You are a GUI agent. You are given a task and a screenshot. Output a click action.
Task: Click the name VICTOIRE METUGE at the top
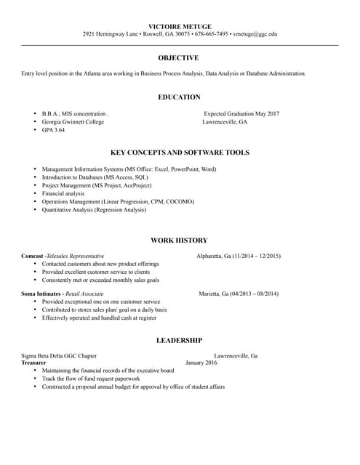coord(179,26)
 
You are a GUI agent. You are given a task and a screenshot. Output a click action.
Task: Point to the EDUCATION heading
coord(179,97)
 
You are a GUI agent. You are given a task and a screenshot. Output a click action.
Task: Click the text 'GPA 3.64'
coord(53,130)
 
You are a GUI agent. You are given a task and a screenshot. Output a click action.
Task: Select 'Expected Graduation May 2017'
coord(241,114)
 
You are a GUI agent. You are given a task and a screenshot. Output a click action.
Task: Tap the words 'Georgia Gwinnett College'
coord(73,122)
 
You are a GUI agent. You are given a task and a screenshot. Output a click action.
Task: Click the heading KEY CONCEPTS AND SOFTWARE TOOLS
coord(180,153)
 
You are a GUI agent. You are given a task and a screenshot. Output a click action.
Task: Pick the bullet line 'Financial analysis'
coord(63,194)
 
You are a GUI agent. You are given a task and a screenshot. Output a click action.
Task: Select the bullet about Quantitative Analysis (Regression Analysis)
coord(94,210)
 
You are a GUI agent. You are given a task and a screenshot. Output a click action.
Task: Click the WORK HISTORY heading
coord(179,240)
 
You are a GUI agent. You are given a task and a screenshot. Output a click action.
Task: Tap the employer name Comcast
coord(32,256)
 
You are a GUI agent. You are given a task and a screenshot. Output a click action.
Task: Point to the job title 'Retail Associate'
coord(84,294)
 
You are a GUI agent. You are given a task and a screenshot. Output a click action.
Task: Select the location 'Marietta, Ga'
coord(214,294)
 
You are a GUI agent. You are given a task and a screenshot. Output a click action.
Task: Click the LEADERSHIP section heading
coord(179,340)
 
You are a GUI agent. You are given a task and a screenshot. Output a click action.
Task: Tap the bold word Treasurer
coord(33,363)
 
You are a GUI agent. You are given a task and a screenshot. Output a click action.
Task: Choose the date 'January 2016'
coord(201,363)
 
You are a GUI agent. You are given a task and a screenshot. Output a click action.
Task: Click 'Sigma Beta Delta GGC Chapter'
coord(59,356)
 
